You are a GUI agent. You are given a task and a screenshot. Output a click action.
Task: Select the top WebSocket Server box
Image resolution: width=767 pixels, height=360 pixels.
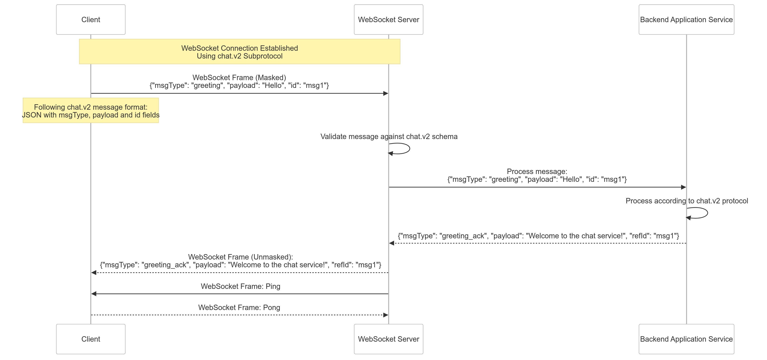[388, 20]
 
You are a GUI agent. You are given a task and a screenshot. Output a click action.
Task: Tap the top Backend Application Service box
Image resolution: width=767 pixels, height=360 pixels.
[686, 20]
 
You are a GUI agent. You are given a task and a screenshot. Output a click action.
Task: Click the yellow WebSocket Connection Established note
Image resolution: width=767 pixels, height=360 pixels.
[239, 52]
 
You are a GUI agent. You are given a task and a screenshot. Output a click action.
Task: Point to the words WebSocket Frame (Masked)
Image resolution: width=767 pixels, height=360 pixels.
[239, 78]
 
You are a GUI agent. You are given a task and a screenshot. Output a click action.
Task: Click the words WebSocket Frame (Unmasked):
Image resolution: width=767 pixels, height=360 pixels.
[240, 257]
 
